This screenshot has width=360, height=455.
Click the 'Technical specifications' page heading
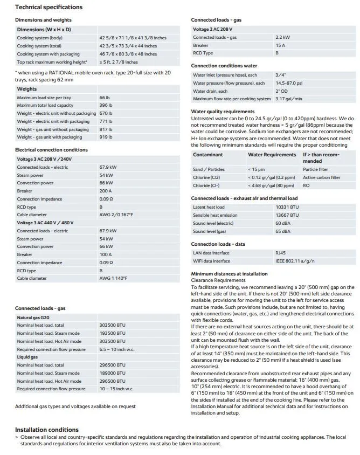pyautogui.click(x=49, y=8)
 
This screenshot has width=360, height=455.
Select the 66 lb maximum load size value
pyautogui.click(x=105, y=98)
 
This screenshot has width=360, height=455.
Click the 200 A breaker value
pyautogui.click(x=106, y=191)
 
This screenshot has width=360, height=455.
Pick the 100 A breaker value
pyautogui.click(x=106, y=254)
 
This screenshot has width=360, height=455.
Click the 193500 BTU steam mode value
pyautogui.click(x=112, y=334)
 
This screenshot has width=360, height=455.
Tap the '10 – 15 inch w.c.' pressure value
pyautogui.click(x=116, y=389)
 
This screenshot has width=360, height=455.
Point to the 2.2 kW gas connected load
pyautogui.click(x=282, y=38)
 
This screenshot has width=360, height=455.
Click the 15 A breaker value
pyautogui.click(x=280, y=46)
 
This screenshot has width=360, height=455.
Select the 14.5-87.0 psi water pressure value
pyautogui.click(x=288, y=84)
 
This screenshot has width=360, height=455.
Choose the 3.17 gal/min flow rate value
pyautogui.click(x=288, y=99)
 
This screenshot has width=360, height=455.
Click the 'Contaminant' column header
pyautogui.click(x=208, y=155)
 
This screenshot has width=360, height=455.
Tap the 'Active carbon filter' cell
pyautogui.click(x=321, y=177)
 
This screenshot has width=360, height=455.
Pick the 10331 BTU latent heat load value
pyautogui.click(x=287, y=208)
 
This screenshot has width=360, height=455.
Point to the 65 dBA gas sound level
pyautogui.click(x=283, y=231)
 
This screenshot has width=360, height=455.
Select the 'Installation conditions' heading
pyautogui.click(x=47, y=430)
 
